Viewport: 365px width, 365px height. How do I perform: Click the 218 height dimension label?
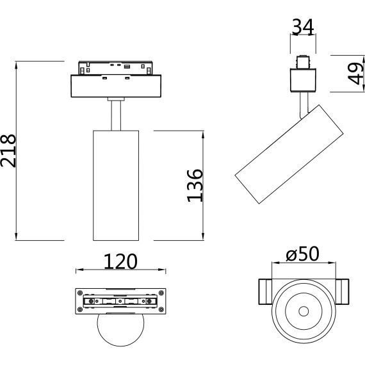pyautogui.click(x=8, y=151)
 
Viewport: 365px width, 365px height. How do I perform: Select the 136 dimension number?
pyautogui.click(x=195, y=185)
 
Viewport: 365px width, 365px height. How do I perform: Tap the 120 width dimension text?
pyautogui.click(x=120, y=261)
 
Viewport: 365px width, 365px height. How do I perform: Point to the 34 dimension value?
pyautogui.click(x=303, y=28)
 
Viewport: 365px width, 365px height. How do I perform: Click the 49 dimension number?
pyautogui.click(x=355, y=74)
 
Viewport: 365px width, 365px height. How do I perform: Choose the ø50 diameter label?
pyautogui.click(x=302, y=254)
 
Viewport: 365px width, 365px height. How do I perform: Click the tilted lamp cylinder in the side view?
pyautogui.click(x=289, y=154)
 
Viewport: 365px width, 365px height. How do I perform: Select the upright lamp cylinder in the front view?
pyautogui.click(x=116, y=185)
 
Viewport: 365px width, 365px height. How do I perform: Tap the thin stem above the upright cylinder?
pyautogui.click(x=116, y=116)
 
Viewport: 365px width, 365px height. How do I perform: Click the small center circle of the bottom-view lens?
pyautogui.click(x=304, y=311)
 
